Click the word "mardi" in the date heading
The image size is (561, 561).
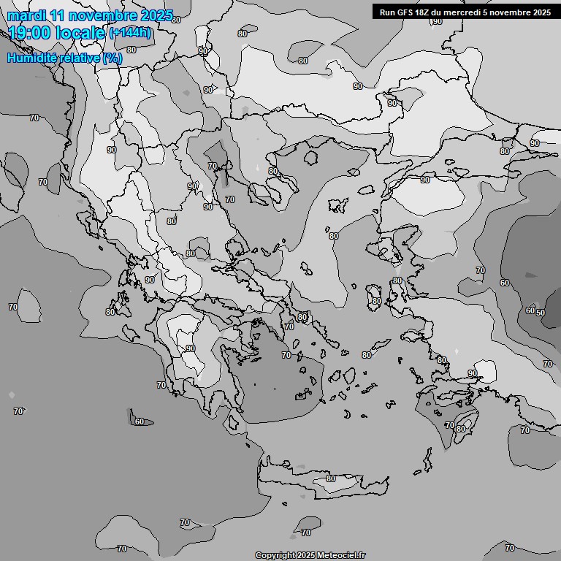pyautogui.click(x=25, y=15)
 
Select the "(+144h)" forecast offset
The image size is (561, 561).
pyautogui.click(x=130, y=33)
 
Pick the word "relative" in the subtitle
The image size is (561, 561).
pyautogui.click(x=78, y=58)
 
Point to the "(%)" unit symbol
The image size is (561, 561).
pyautogui.click(x=112, y=58)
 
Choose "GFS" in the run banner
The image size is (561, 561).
pyautogui.click(x=409, y=12)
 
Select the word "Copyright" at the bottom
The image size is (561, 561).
pyautogui.click(x=275, y=556)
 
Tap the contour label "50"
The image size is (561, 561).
pyautogui.click(x=541, y=312)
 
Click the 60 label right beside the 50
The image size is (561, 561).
pyautogui.click(x=530, y=310)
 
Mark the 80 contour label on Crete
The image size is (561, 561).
pyautogui.click(x=331, y=478)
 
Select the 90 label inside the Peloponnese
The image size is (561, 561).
pyautogui.click(x=190, y=348)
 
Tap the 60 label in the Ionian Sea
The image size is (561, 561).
pyautogui.click(x=140, y=421)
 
